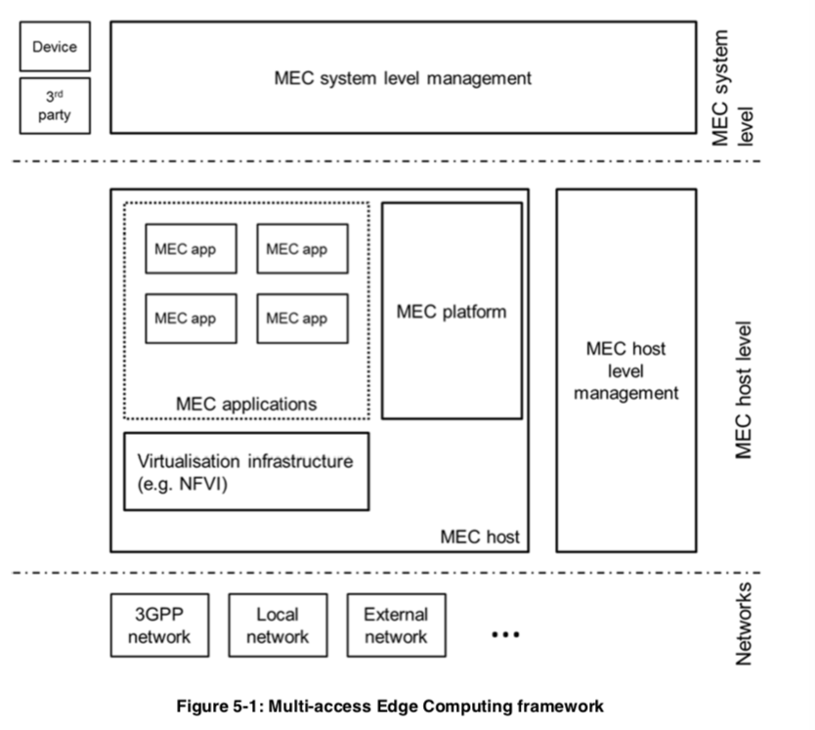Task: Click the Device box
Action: [55, 46]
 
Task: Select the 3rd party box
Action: [55, 106]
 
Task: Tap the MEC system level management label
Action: [403, 78]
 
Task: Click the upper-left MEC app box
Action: [192, 248]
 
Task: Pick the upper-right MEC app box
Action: [303, 248]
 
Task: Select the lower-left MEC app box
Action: [192, 319]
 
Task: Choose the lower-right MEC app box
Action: [303, 319]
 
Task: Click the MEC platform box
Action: [452, 311]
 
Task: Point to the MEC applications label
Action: [246, 404]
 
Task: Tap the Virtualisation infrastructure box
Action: [246, 472]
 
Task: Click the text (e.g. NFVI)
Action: [183, 484]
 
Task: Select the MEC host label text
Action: [480, 537]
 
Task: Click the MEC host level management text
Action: [626, 370]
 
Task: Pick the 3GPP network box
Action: [159, 625]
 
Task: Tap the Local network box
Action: [279, 625]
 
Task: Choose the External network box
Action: [397, 625]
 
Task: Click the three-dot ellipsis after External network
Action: [506, 634]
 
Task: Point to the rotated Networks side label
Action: [744, 623]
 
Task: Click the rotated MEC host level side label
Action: [744, 390]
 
